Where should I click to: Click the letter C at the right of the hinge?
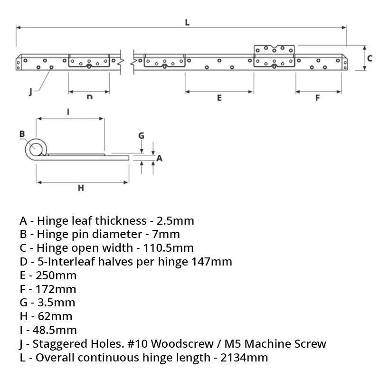tap(369, 58)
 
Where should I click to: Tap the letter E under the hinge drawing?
tap(219, 97)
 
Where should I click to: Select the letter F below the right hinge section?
tap(317, 98)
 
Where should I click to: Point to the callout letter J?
tap(30, 92)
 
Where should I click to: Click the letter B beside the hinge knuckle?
tap(22, 134)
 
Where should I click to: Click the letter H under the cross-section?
tap(81, 188)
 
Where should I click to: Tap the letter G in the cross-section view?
tap(141, 135)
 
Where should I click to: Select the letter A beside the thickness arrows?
tap(160, 158)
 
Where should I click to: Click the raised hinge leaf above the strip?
tap(275, 49)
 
